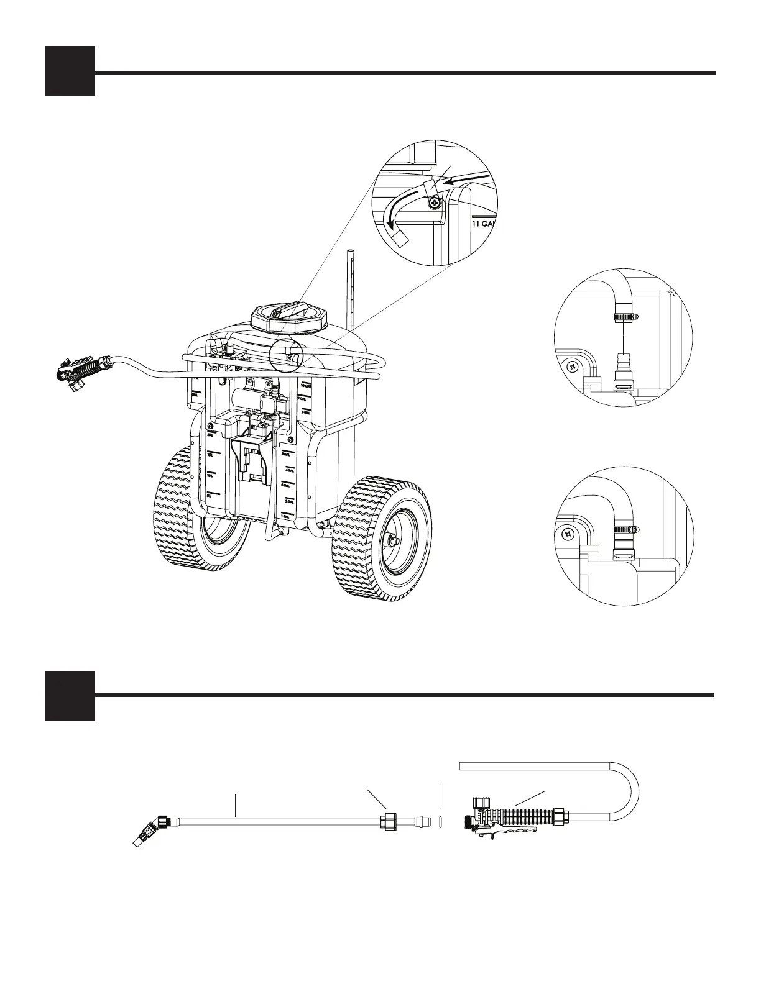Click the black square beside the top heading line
click(x=70, y=71)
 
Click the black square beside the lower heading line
click(x=70, y=696)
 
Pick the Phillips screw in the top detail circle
click(x=433, y=203)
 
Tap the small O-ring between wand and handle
click(x=441, y=821)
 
